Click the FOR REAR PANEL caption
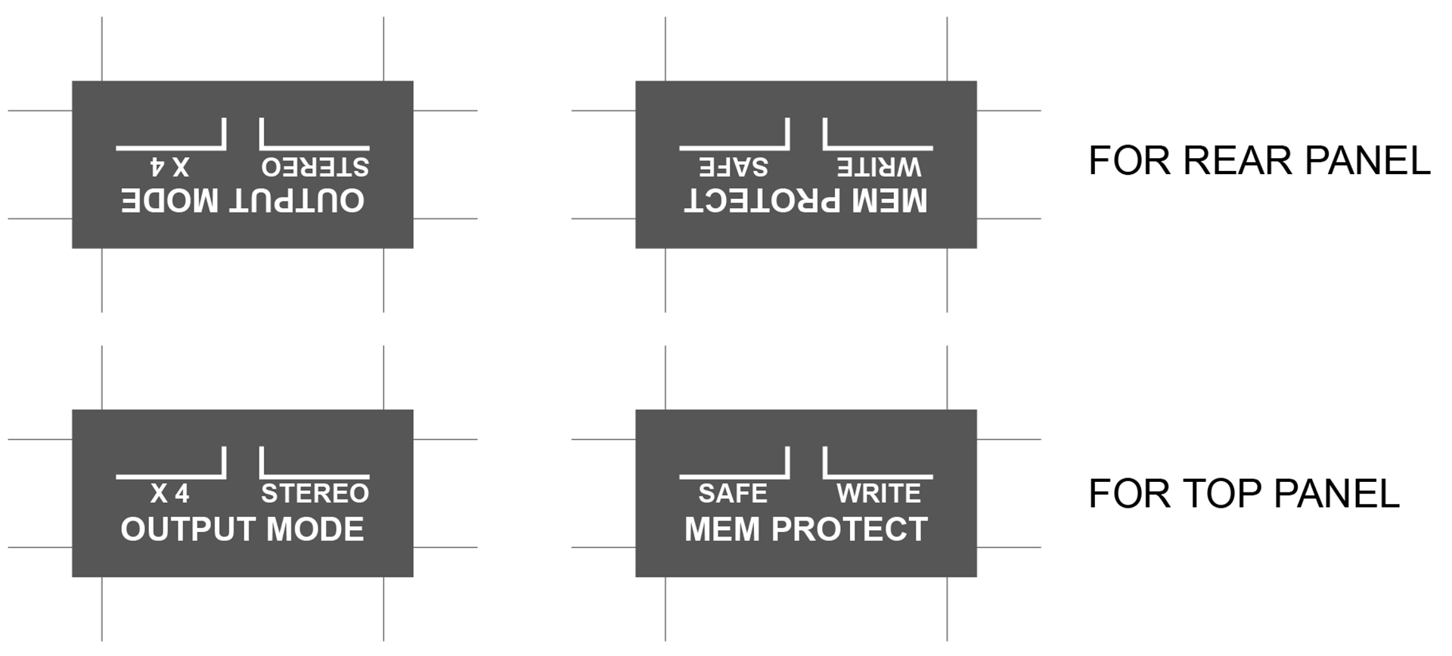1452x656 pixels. pos(1259,160)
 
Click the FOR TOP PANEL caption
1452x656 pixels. pos(1244,494)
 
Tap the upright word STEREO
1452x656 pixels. pos(315,493)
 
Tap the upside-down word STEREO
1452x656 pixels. pos(315,166)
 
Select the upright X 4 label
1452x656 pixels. pos(169,493)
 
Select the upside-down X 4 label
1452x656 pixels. pos(169,166)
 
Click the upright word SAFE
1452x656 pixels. pos(733,493)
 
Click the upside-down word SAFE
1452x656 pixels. pos(733,166)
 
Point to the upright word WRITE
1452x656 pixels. pos(879,493)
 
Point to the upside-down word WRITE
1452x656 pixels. pos(879,166)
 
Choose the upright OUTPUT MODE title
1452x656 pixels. pos(242,529)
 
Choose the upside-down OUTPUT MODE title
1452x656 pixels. pos(242,201)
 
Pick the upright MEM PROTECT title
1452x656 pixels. pos(805,529)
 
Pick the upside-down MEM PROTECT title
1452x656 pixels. pos(805,201)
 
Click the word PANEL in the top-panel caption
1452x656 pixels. pos(1336,494)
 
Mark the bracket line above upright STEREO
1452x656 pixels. pos(315,477)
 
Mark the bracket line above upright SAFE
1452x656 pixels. pos(734,477)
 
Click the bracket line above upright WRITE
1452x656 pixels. pos(878,477)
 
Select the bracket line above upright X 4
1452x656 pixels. pos(171,477)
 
